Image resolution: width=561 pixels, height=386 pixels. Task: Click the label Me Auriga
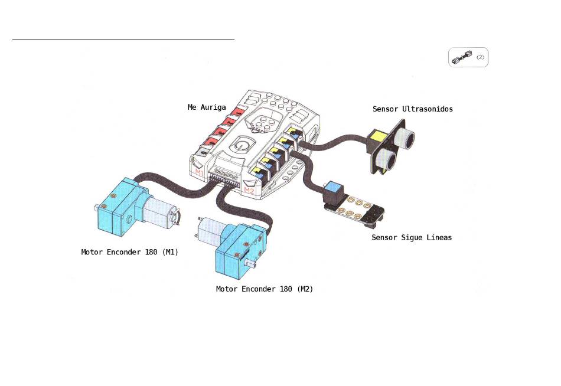207,107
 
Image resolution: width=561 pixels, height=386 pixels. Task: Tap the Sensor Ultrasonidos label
413,109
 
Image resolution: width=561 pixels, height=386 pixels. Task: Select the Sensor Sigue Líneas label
412,237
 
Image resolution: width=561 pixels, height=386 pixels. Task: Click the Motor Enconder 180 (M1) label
129,252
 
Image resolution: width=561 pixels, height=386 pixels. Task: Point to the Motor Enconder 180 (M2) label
265,289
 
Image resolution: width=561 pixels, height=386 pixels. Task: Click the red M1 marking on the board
199,172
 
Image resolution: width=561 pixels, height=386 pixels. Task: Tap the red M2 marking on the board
249,190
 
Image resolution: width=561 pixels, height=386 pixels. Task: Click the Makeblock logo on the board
226,174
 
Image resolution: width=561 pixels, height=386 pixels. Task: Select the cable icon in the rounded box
462,57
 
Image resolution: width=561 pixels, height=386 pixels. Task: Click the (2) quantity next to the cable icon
480,57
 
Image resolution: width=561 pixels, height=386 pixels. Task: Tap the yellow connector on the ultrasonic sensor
378,136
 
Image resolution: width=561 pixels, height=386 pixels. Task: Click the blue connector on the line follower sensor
332,187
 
